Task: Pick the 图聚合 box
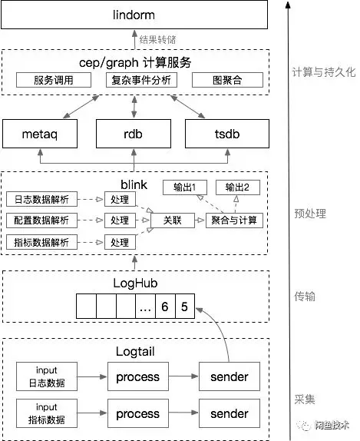coord(226,80)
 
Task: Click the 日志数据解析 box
coord(42,200)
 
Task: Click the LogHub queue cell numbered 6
coord(163,307)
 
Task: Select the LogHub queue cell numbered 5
coord(184,307)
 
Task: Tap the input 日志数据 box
coord(45,377)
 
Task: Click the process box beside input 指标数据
coord(137,413)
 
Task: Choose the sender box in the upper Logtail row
coord(229,377)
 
